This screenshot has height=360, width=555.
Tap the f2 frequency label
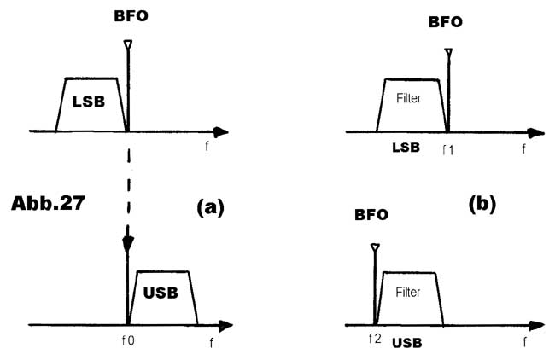pos(374,340)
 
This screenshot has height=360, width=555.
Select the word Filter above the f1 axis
pos(411,99)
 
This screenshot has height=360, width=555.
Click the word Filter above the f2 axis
pos(411,292)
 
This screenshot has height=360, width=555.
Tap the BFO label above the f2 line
pos(371,215)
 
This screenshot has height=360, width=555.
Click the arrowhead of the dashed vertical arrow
pos(128,244)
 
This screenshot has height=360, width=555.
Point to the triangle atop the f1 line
pos(447,55)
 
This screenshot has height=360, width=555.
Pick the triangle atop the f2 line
pos(374,249)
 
